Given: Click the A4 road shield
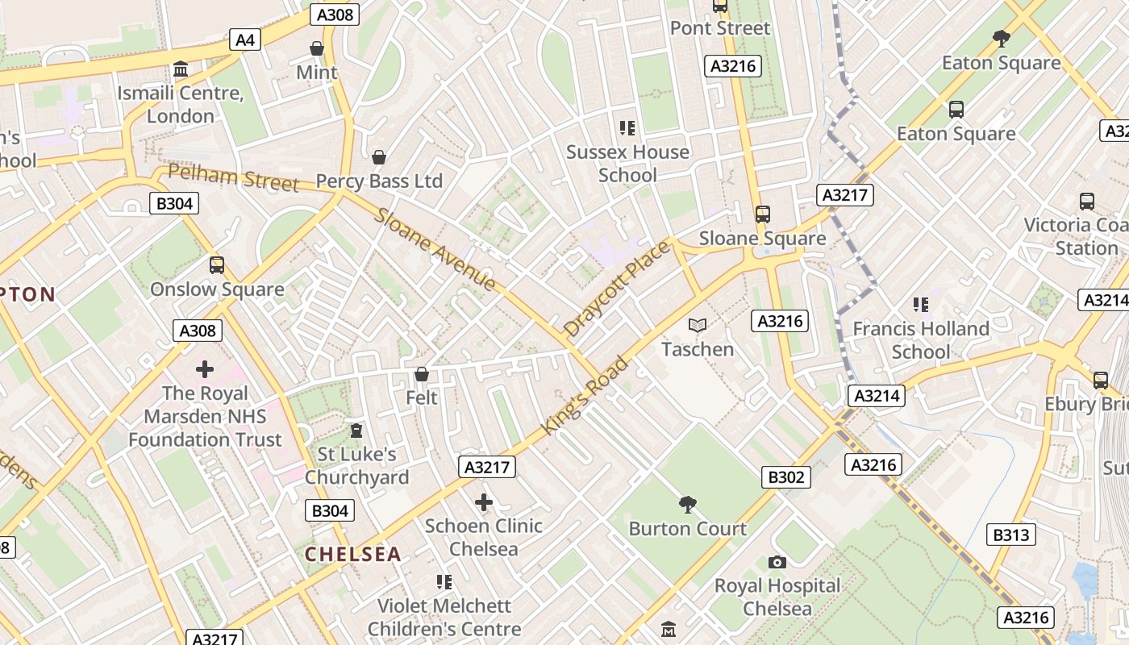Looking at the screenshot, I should [245, 40].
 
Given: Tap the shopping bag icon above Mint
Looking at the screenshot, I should [317, 48].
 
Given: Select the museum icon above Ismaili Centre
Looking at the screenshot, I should [181, 69].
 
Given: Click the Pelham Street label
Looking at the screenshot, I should [234, 177].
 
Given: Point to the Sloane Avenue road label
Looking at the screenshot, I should [435, 249].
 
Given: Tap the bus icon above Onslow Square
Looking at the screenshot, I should [217, 265].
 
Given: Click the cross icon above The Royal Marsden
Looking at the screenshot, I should [205, 369].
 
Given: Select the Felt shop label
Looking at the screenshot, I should [422, 397].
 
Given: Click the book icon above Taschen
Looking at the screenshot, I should [698, 325].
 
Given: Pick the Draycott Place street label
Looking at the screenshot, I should [617, 289].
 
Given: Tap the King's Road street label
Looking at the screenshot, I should [585, 396].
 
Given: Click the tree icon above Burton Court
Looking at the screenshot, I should [688, 505].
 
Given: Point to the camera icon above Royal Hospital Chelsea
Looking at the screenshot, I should [777, 562].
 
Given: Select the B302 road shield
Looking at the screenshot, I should [785, 477].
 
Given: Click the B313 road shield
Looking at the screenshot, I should [1011, 535].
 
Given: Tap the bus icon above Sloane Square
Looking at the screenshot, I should [763, 214].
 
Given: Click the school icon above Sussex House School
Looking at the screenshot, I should [627, 127].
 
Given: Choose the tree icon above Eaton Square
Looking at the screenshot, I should [1002, 38].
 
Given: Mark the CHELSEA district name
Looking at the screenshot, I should [352, 554].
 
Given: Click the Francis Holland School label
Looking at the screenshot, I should [921, 340].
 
